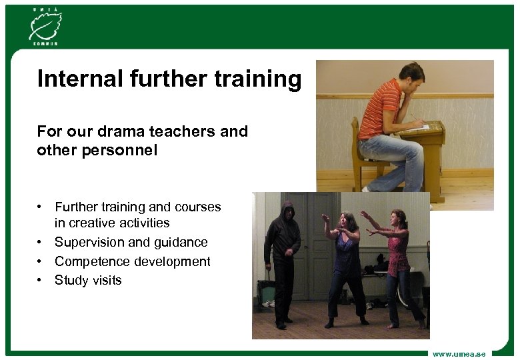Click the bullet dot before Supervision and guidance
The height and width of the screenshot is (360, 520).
pyautogui.click(x=41, y=243)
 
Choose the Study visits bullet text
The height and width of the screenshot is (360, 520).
pyautogui.click(x=88, y=280)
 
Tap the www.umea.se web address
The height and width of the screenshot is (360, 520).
pyautogui.click(x=459, y=353)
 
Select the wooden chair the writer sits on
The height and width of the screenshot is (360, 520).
pyautogui.click(x=363, y=157)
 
